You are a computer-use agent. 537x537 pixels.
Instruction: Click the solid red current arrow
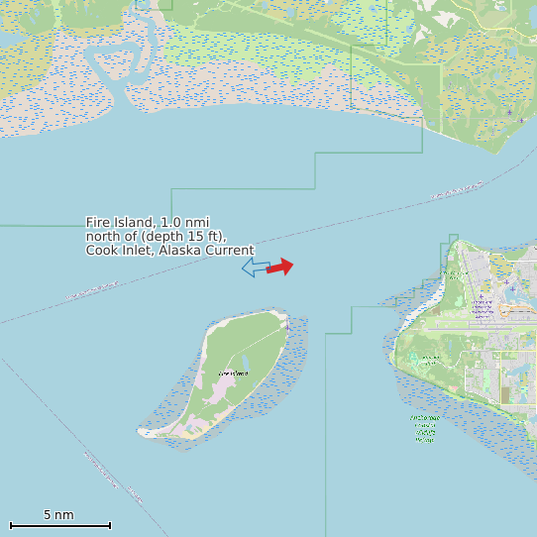[x=280, y=267]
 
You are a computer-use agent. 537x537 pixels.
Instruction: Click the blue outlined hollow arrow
[x=256, y=268]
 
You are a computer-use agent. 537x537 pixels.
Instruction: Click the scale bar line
[x=59, y=525]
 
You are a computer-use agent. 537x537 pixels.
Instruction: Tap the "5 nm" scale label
[x=58, y=515]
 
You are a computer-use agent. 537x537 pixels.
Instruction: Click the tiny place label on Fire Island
[x=234, y=373]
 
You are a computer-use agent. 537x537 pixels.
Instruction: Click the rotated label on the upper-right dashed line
[x=458, y=190]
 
